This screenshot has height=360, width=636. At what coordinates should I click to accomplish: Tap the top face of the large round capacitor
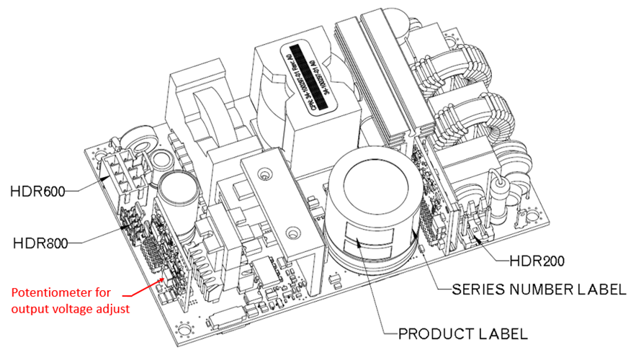click(x=372, y=188)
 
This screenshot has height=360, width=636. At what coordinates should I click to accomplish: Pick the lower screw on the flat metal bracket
click(x=292, y=233)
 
